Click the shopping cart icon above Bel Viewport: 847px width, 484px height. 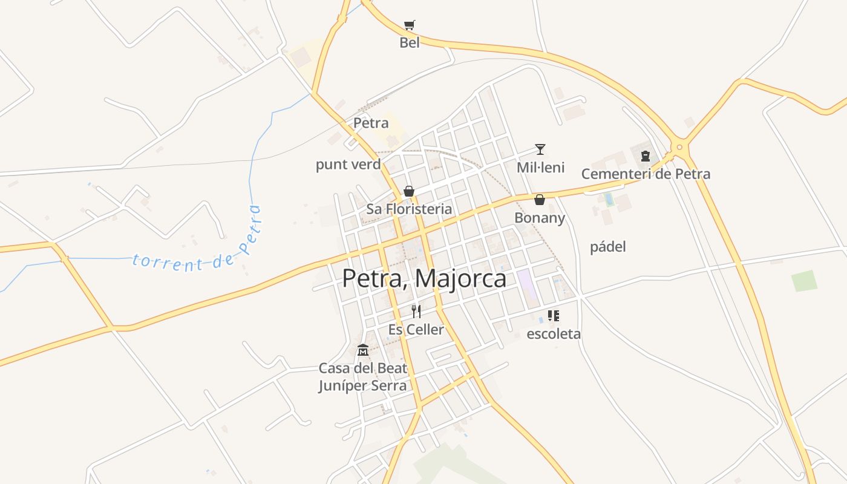(410, 25)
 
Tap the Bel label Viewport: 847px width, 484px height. (410, 43)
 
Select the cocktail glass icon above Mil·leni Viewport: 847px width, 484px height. (540, 149)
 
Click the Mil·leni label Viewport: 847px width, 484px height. (540, 168)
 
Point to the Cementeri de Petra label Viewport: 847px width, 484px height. (646, 174)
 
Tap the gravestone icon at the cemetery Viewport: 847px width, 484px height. (646, 155)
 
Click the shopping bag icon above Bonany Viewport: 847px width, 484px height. (540, 199)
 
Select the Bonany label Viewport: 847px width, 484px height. (540, 218)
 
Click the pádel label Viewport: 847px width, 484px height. (607, 247)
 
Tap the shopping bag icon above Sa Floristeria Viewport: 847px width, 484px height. (409, 191)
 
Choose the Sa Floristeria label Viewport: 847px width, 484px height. (409, 209)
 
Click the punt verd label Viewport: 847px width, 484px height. (348, 165)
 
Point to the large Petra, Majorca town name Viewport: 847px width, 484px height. (424, 278)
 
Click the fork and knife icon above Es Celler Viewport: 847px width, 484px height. (416, 312)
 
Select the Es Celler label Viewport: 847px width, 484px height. (416, 330)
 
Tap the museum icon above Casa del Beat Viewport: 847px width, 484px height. (363, 350)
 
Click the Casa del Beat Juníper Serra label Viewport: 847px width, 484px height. (363, 377)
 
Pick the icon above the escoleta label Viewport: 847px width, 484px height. (553, 315)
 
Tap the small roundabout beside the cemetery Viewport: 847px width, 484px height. (679, 147)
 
